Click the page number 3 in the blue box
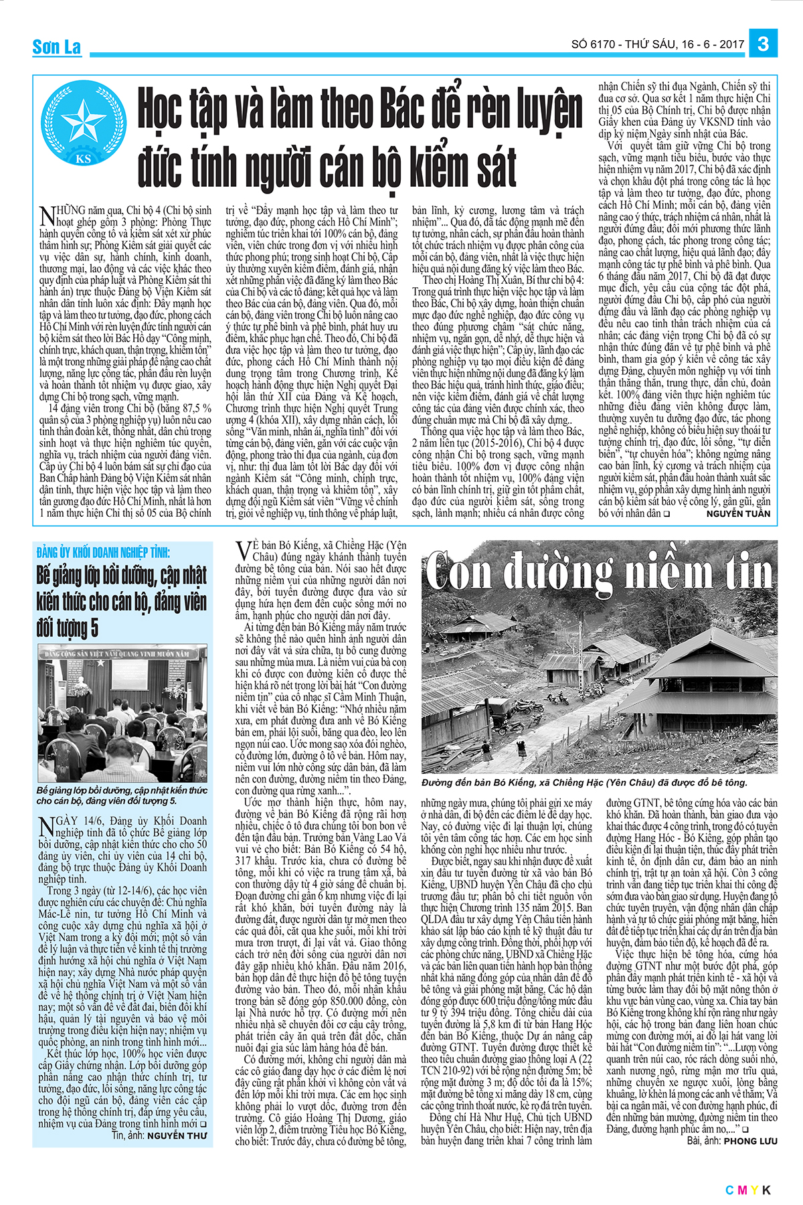tap(763, 44)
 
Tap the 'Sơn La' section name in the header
tap(57, 47)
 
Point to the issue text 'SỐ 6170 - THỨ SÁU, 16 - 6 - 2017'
tap(657, 45)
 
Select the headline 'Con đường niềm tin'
tap(599, 572)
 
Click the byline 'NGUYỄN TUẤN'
tap(738, 513)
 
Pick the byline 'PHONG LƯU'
tap(751, 1141)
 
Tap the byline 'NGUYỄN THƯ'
tap(177, 1135)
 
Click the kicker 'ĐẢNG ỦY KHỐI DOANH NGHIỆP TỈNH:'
tap(104, 553)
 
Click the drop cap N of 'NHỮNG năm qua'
tap(47, 216)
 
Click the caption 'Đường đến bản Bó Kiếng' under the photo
tap(584, 783)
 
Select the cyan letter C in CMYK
tap(729, 1190)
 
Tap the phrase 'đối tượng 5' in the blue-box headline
tap(68, 628)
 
